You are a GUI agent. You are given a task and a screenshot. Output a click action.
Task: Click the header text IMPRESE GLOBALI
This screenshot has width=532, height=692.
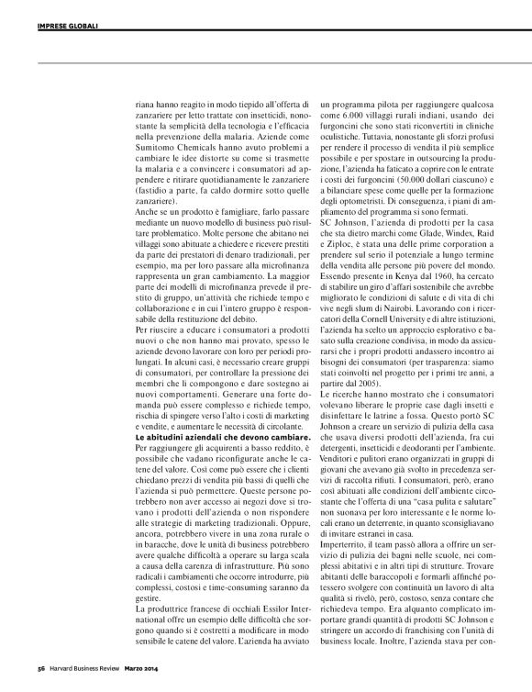click(65, 13)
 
